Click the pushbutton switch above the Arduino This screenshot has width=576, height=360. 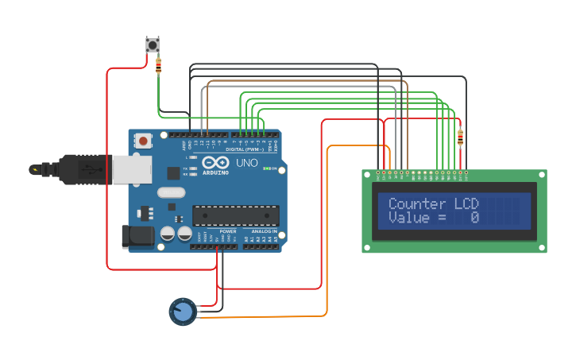coord(152,45)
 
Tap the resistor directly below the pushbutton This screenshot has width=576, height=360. coord(158,66)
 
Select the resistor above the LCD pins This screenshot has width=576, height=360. coord(460,138)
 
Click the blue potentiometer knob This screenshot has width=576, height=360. coord(183,312)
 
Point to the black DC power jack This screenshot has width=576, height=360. coord(136,235)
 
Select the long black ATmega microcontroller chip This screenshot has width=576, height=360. coord(235,215)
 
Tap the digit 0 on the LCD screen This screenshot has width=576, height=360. coord(474,218)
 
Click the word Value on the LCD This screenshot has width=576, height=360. coord(408,218)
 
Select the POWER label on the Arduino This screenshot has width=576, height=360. coord(228,231)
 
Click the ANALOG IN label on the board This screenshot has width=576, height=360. coord(265,231)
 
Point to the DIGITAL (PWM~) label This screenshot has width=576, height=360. coord(246,149)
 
